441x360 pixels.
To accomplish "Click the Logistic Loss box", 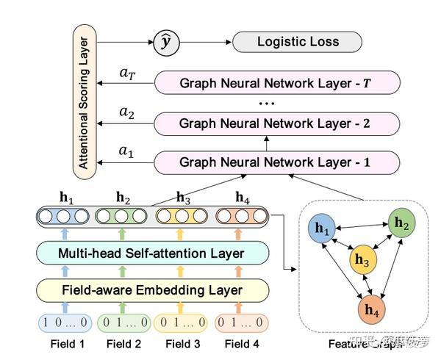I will coord(298,41).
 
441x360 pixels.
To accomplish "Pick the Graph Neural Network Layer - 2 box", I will coord(276,122).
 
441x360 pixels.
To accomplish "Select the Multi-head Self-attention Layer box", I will coord(140,253).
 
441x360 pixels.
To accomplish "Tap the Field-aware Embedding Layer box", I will coord(140,289).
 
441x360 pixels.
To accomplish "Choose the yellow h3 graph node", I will coord(362,259).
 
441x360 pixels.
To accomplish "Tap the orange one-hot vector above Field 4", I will coord(240,322).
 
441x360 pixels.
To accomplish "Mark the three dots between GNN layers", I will coord(265,103).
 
